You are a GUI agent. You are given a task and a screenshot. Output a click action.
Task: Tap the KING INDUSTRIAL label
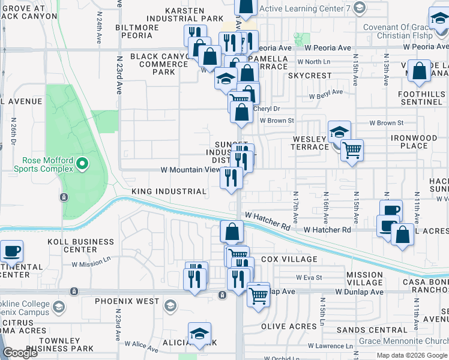click(x=169, y=191)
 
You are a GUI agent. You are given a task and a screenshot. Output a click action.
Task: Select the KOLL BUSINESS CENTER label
click(x=80, y=245)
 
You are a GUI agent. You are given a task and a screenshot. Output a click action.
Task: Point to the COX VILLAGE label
click(x=289, y=259)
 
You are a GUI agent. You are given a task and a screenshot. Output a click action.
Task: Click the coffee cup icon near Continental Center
click(x=11, y=250)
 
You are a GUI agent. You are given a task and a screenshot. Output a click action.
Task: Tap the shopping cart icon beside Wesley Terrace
click(x=352, y=149)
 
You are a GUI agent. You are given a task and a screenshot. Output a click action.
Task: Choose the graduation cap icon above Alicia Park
click(x=200, y=333)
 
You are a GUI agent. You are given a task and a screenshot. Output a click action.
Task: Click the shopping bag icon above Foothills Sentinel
click(x=419, y=71)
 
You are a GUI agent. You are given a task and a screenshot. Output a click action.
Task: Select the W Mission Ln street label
click(x=91, y=263)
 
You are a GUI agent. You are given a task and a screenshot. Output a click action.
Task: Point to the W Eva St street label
click(x=310, y=277)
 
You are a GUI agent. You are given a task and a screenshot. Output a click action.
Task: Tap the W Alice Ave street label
click(x=141, y=344)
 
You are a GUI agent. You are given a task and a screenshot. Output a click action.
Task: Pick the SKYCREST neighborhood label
click(x=309, y=76)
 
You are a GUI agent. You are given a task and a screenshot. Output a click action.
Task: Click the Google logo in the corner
click(x=20, y=353)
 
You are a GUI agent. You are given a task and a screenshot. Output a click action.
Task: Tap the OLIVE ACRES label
click(x=289, y=327)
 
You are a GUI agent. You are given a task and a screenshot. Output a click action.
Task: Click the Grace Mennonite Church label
click(x=403, y=341)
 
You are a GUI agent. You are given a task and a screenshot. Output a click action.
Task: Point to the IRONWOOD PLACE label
click(x=414, y=142)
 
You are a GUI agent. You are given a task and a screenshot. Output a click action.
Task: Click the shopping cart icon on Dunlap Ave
click(x=258, y=295)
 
